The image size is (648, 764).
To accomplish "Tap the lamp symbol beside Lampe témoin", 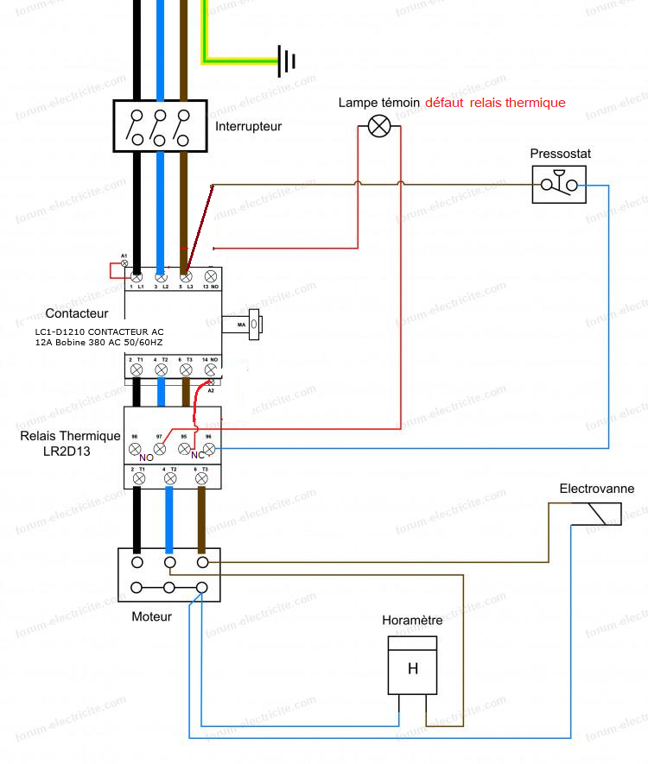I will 379,127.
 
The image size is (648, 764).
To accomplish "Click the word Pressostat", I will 561,154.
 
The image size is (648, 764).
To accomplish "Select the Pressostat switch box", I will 560,185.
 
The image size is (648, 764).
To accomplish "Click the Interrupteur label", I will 248,126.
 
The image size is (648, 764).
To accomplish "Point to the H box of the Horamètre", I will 412,666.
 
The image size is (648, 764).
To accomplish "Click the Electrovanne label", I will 596,489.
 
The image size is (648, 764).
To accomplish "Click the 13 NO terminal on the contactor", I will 210,276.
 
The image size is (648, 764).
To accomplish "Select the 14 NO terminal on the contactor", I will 210,369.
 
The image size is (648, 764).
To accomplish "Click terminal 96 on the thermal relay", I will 208,449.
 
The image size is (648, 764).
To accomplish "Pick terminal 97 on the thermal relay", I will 160,449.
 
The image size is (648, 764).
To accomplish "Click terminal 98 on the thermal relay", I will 136,449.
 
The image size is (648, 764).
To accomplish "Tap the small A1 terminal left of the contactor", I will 124,262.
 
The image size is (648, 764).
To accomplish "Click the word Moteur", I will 151,616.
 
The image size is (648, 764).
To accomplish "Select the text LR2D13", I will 67,451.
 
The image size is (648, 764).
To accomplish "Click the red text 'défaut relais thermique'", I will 495,103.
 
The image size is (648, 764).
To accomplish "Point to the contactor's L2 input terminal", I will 161,276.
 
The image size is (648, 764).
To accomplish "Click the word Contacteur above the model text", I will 77,313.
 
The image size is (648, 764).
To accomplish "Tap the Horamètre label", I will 412,620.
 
